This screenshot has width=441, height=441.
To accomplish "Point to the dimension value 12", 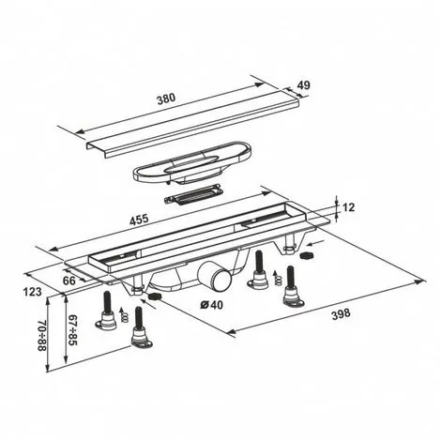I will click(349, 207).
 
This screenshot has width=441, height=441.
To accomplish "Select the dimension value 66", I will click(68, 279).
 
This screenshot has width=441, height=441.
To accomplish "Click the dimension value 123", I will click(34, 294).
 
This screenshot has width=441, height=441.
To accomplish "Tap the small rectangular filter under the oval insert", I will click(192, 196).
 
